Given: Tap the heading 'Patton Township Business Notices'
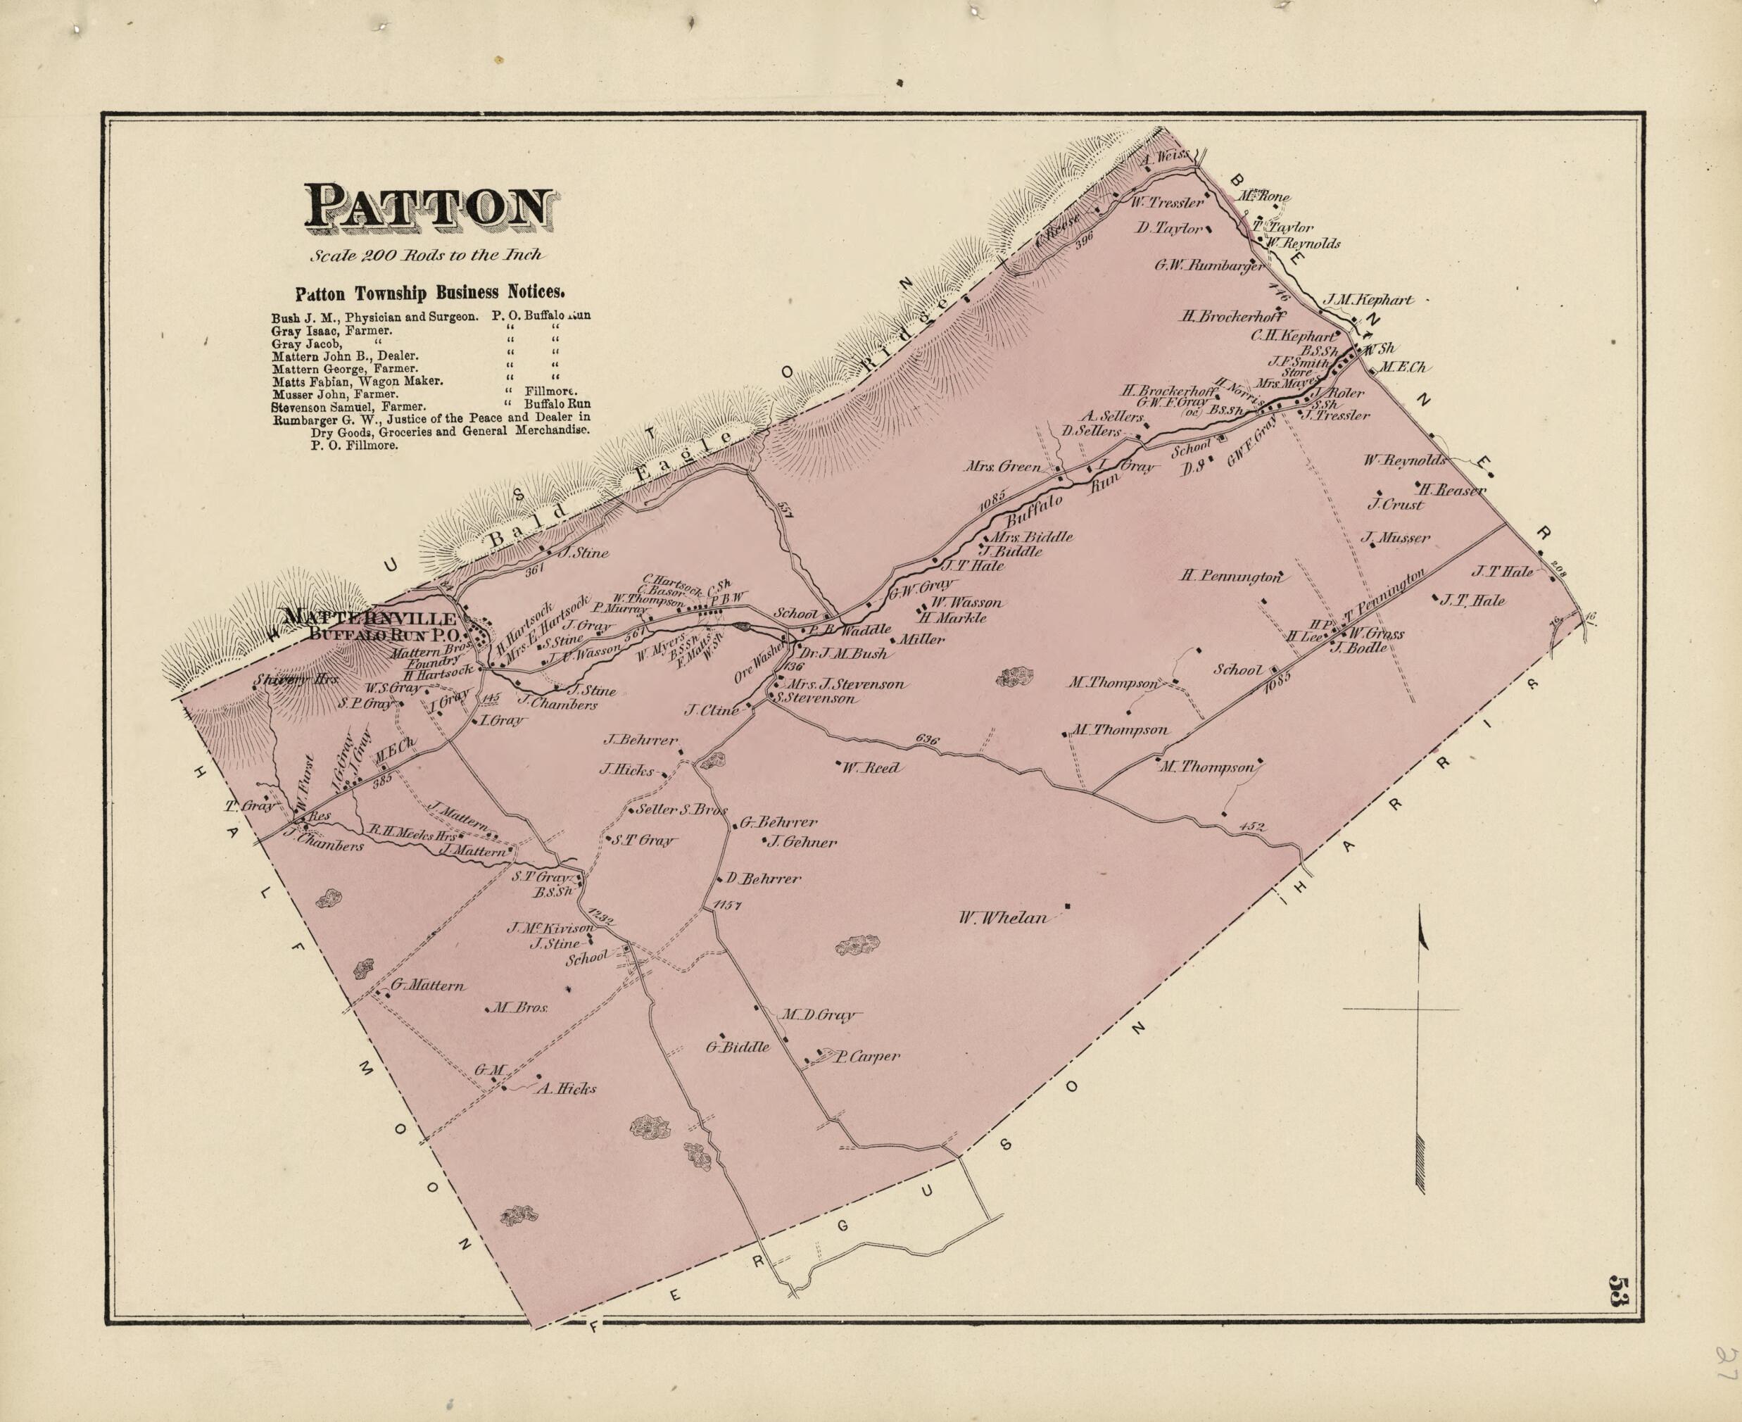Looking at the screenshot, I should pos(429,292).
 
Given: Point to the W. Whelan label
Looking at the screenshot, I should pos(1003,918).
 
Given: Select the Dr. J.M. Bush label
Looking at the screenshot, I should pos(844,655).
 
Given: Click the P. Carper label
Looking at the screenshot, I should pos(866,1057).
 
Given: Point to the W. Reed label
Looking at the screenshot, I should pos(871,767).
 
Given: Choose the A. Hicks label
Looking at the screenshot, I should pos(566,1088).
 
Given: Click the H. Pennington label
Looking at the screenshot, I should pos(1230,576).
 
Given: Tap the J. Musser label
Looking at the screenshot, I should pos(1396,538).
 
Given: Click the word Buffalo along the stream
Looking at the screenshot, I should pos(1033,510).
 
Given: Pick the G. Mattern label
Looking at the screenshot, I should pos(427,986).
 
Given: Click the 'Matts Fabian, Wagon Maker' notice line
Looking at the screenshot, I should pos(357,381).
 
